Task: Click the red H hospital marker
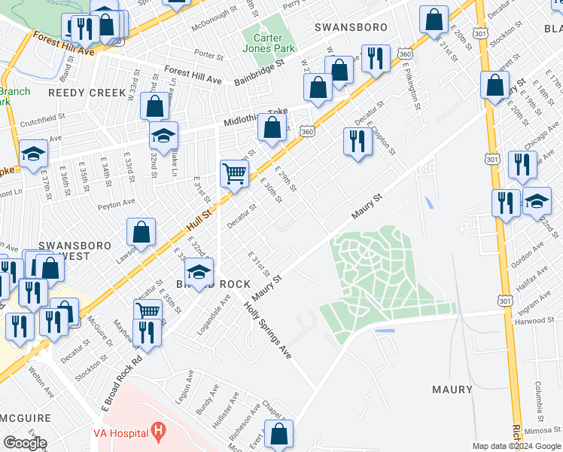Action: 157,432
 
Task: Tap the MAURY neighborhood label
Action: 452,389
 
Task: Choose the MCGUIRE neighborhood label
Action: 26,418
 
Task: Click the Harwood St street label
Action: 535,320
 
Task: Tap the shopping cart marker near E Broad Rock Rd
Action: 148,310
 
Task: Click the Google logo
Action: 25,443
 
